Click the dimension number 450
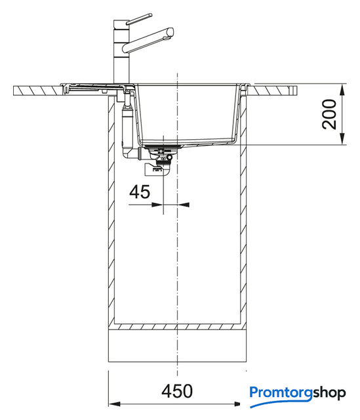click(x=177, y=391)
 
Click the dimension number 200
click(x=329, y=114)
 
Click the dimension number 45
click(x=140, y=192)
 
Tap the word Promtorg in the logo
click(x=281, y=394)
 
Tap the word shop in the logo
click(x=329, y=393)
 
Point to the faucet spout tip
click(x=170, y=33)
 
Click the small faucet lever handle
click(x=139, y=19)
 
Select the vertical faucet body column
click(x=121, y=52)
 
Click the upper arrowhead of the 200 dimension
click(x=342, y=90)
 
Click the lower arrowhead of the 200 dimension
click(x=342, y=139)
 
